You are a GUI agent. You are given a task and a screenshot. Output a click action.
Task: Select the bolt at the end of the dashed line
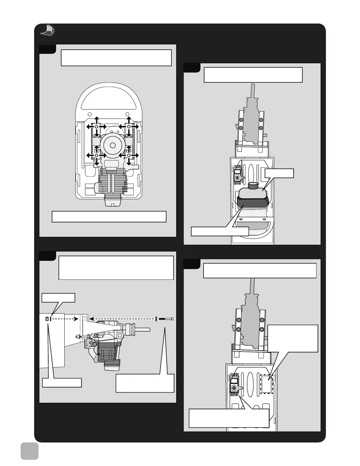click(166, 319)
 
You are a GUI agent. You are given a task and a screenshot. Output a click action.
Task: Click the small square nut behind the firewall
click(47, 319)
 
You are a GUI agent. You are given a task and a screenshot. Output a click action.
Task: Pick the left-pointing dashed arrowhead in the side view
click(91, 318)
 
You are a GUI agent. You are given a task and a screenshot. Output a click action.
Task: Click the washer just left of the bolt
click(156, 319)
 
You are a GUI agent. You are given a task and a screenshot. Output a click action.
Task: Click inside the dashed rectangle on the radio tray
click(267, 384)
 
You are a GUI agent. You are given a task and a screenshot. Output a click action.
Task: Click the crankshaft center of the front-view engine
click(112, 145)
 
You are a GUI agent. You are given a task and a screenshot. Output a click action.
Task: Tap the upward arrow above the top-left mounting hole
click(96, 119)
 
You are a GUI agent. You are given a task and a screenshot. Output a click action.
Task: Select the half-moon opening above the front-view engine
click(109, 99)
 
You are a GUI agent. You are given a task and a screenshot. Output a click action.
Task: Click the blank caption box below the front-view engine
click(109, 217)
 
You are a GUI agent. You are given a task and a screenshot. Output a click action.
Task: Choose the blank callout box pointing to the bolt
click(145, 383)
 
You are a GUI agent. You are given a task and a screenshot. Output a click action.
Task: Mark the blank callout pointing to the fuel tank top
click(279, 173)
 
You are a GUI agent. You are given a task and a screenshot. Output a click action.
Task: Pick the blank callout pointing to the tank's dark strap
click(220, 231)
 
